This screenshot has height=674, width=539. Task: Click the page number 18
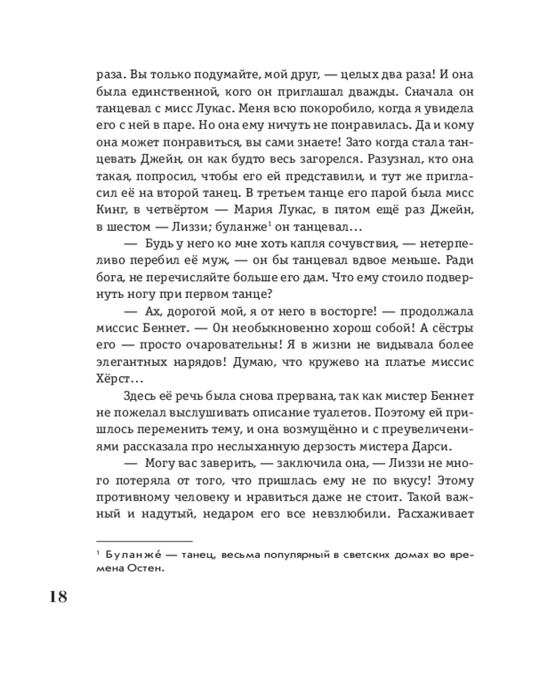pos(59,597)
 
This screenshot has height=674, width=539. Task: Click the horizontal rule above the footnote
pos(145,540)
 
